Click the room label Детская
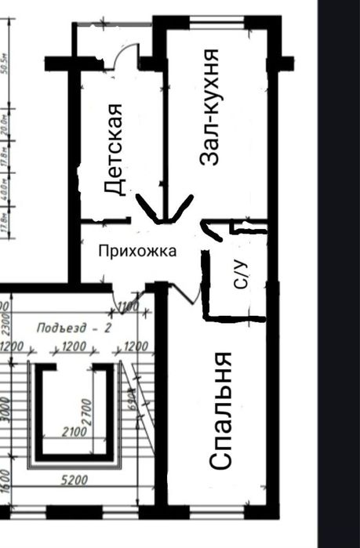(x=115, y=149)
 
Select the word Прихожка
(x=137, y=251)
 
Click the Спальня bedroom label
(x=223, y=410)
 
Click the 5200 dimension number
(x=74, y=481)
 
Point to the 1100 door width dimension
(x=127, y=307)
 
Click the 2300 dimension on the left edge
(x=4, y=317)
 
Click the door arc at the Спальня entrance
(x=185, y=293)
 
